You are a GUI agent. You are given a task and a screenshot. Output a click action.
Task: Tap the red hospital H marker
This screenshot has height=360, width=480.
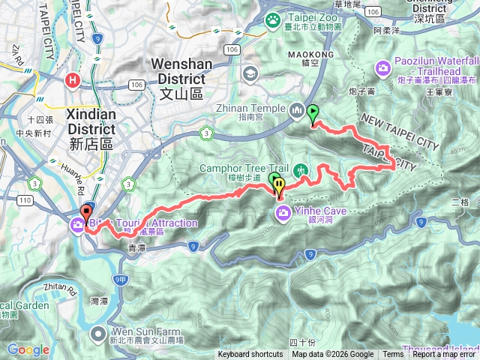pos(73,80)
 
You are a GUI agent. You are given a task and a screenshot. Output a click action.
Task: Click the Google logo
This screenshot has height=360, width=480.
pos(28,349)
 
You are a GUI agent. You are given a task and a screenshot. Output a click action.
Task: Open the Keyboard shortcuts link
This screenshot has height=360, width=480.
pos(250,355)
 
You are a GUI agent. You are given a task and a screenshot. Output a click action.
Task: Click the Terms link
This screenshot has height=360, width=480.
pos(392,355)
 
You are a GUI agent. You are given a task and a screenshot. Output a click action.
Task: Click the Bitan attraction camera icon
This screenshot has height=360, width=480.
pos(79,223)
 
